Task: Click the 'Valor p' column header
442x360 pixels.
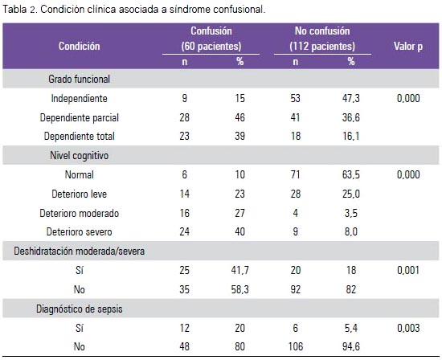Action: [x=408, y=47]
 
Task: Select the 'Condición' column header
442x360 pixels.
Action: [x=80, y=47]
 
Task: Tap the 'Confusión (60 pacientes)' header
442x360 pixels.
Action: [x=211, y=39]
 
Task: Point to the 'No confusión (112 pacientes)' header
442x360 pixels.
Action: [x=322, y=39]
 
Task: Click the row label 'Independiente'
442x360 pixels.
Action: [x=80, y=98]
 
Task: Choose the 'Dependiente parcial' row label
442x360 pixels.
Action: [x=80, y=117]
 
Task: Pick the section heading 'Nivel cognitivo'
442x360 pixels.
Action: [x=80, y=155]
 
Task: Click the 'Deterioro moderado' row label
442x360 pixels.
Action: [x=80, y=213]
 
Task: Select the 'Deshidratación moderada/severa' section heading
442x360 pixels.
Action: [x=80, y=251]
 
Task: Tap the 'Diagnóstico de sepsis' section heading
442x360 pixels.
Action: [x=80, y=309]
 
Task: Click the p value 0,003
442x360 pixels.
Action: [x=408, y=328]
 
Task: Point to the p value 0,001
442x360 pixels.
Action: [x=408, y=270]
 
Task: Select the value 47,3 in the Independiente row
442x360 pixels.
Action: [x=351, y=98]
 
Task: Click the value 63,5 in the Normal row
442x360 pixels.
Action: [x=351, y=175]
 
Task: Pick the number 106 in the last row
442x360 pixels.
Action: [x=296, y=346]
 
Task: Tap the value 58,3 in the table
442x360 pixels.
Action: [x=240, y=289]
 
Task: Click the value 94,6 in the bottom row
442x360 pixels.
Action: [x=351, y=346]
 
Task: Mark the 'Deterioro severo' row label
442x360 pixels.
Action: [x=80, y=231]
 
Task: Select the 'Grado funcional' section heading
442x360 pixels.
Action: [x=80, y=80]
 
